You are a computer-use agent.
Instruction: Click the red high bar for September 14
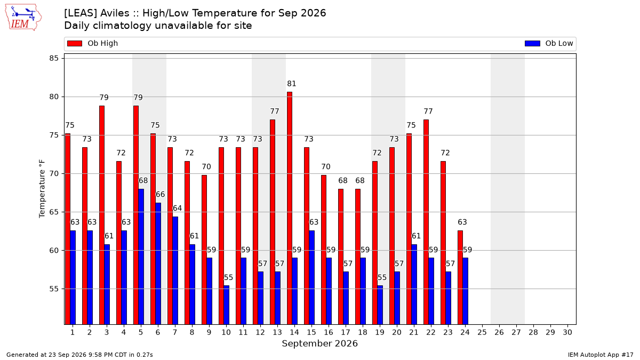coord(290,208)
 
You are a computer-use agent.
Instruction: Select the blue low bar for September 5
coord(141,257)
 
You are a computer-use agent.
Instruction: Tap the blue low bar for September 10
coord(226,305)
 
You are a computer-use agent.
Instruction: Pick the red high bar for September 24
coord(460,277)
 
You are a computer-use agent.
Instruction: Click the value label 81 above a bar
coord(291,84)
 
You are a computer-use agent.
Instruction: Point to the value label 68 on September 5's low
coord(143,181)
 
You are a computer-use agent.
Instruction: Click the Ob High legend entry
coord(92,43)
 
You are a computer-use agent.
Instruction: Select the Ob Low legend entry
coord(549,43)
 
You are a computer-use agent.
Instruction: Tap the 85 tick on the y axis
coord(54,58)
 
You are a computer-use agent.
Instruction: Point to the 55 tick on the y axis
coord(54,289)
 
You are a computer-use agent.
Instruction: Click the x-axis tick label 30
coord(567,332)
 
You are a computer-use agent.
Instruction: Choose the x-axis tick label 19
coord(379,332)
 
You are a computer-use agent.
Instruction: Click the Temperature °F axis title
coord(42,189)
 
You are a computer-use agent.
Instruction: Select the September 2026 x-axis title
coord(319,343)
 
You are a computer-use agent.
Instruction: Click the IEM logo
coord(23,18)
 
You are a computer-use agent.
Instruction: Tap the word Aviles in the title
coord(116,13)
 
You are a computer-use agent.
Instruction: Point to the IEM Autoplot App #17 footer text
coord(601,355)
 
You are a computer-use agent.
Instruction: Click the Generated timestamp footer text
coord(79,355)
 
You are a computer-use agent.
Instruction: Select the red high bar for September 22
coord(426,222)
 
